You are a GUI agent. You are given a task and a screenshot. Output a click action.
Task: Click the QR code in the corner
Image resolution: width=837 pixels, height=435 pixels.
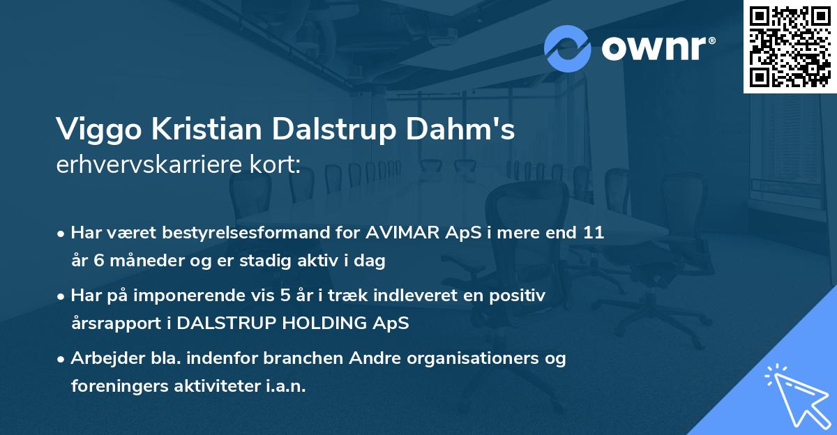pos(790,47)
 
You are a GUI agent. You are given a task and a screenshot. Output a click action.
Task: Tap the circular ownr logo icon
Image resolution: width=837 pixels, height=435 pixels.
pos(568,48)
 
